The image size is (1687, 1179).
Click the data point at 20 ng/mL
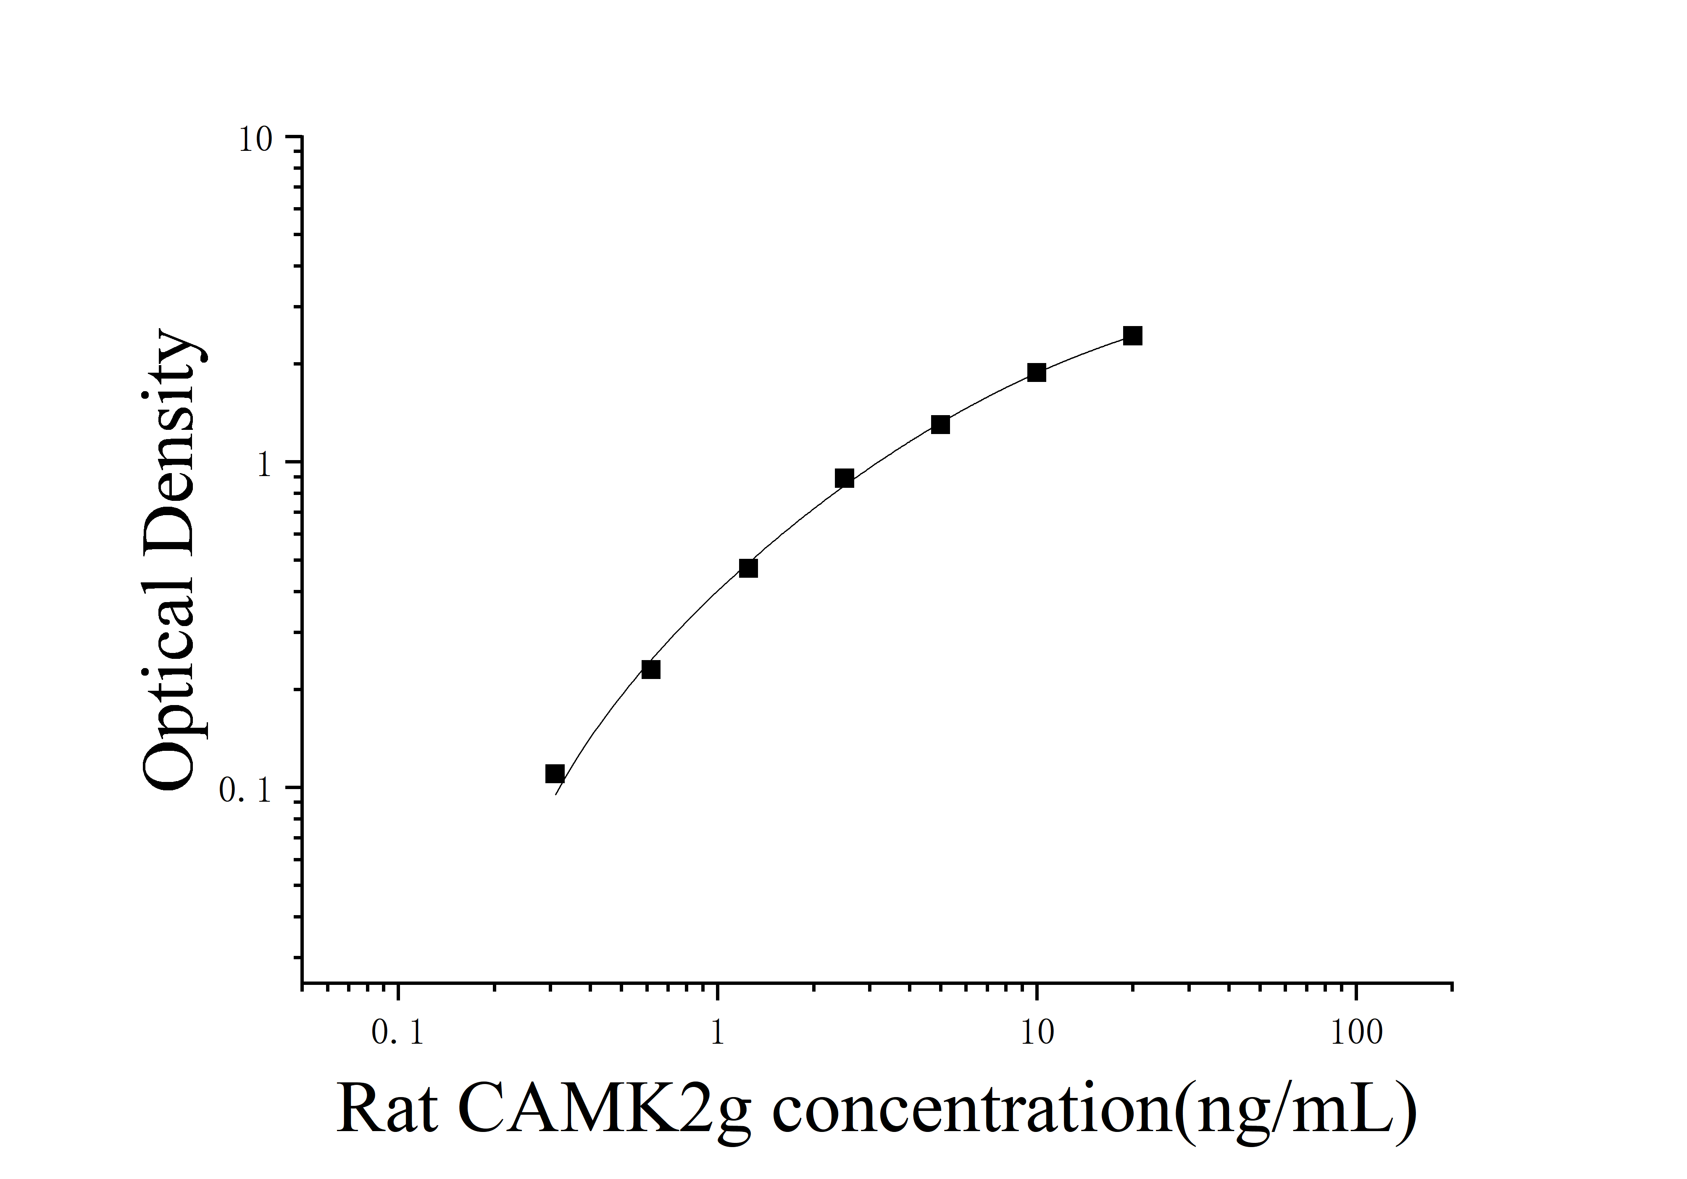[1132, 336]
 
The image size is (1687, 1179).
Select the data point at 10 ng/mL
[1036, 372]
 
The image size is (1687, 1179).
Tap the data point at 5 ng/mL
[940, 425]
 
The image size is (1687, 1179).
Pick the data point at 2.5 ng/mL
[844, 478]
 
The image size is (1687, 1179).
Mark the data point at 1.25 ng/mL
[748, 568]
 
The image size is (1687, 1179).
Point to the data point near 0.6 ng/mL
[651, 669]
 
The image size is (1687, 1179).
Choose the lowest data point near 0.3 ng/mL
[555, 774]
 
